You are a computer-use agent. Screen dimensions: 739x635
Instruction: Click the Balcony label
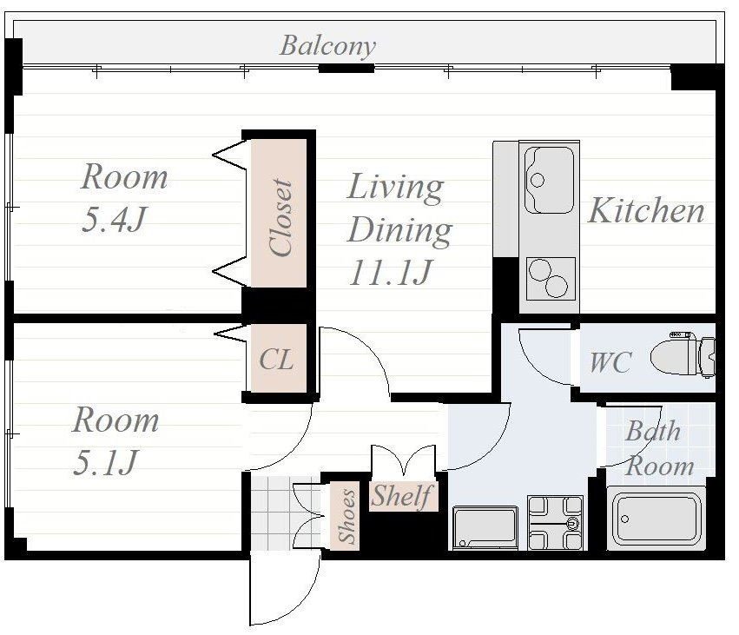(x=327, y=47)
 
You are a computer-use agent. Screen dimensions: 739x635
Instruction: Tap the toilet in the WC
(x=683, y=355)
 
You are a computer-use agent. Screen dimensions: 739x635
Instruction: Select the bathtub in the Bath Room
(x=656, y=519)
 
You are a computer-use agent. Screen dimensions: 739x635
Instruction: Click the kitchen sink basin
(x=549, y=180)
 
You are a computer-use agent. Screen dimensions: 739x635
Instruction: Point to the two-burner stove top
(x=551, y=279)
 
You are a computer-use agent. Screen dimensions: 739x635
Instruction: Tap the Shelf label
(x=401, y=496)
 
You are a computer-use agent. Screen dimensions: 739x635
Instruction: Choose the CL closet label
(x=277, y=360)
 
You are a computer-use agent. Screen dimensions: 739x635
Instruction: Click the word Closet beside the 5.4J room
(x=280, y=217)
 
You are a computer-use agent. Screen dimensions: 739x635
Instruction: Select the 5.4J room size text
(x=114, y=219)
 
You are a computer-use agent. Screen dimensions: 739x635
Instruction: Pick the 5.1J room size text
(x=105, y=462)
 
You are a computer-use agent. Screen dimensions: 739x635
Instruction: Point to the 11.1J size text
(x=391, y=273)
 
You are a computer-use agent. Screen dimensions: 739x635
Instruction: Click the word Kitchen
(x=646, y=210)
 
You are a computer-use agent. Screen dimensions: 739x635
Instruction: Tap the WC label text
(x=610, y=362)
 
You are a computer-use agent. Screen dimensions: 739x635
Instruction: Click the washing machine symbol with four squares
(x=555, y=522)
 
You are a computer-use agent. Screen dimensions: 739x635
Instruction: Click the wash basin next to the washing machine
(x=485, y=527)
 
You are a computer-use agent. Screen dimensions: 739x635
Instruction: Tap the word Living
(x=395, y=187)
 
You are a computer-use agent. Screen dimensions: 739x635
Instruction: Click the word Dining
(x=399, y=230)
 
